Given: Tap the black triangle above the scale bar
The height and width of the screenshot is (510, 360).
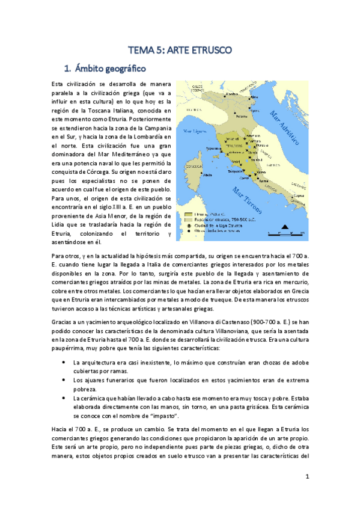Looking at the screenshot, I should [x=284, y=227].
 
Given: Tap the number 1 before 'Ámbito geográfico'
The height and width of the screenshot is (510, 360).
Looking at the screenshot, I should [x=67, y=67].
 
